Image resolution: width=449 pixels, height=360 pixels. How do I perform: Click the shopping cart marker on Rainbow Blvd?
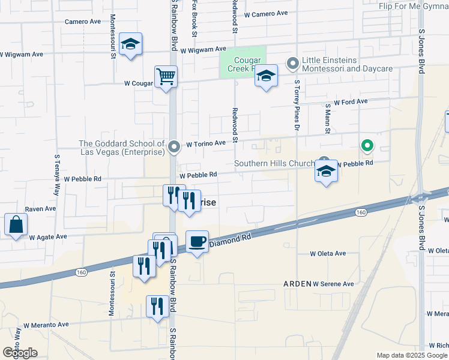tap(166, 77)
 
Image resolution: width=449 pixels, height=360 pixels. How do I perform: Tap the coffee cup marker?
tap(197, 242)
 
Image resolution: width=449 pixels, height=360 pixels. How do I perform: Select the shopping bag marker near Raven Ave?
tap(16, 225)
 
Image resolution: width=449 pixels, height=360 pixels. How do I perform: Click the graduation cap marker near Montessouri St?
tap(130, 44)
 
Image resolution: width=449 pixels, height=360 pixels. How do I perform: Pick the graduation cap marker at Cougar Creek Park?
tap(266, 76)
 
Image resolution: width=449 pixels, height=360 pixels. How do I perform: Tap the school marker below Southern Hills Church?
tap(326, 172)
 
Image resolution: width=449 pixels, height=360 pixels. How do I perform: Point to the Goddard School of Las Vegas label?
tap(122, 148)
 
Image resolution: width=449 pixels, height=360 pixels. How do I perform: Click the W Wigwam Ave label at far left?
tap(21, 54)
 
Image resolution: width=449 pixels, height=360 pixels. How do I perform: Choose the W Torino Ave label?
tap(205, 144)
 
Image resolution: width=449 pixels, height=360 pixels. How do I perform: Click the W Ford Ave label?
tap(351, 102)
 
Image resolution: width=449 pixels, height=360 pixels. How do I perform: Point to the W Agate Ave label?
tap(48, 237)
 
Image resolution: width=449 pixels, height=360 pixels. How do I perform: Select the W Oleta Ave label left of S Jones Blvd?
tap(328, 253)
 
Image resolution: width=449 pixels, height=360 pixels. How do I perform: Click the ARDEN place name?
tap(298, 283)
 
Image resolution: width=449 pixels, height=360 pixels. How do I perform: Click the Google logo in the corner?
tap(20, 353)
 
